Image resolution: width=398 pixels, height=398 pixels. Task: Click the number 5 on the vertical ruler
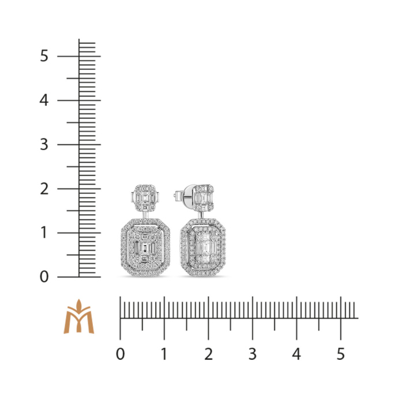[x=44, y=56]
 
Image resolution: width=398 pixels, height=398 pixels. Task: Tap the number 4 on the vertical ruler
[x=44, y=100]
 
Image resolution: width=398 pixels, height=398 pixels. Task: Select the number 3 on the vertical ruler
[x=44, y=144]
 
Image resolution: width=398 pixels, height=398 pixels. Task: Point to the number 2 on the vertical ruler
[x=44, y=189]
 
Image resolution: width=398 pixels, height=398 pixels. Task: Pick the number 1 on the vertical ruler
[x=44, y=232]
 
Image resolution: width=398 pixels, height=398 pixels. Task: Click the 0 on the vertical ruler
[x=44, y=277]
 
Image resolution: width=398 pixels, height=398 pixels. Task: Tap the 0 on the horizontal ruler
[x=121, y=354]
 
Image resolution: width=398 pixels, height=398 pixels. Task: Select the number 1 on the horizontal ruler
[x=164, y=354]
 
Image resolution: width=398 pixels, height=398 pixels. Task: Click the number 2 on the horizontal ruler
[x=208, y=354]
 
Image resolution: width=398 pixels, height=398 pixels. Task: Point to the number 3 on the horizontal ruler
[x=252, y=354]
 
